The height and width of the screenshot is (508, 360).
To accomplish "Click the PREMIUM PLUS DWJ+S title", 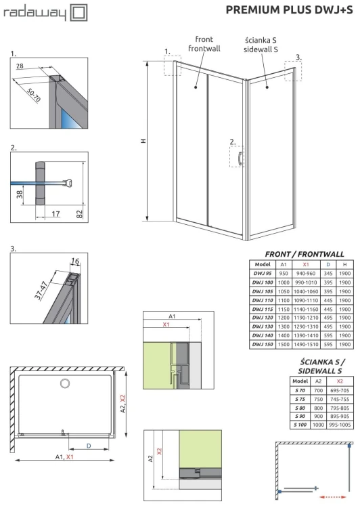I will [288, 9].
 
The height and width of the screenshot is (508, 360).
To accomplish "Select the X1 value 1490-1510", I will [306, 343].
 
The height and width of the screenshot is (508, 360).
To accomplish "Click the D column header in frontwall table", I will [328, 263].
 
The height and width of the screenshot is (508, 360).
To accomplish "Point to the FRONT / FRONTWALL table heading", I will [305, 252].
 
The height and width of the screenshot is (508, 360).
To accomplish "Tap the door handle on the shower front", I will [239, 159].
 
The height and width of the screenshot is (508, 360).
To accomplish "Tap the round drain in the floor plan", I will [65, 384].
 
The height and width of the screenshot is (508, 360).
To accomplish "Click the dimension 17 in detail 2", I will [55, 213].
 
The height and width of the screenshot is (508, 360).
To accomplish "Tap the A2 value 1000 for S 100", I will [319, 425].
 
